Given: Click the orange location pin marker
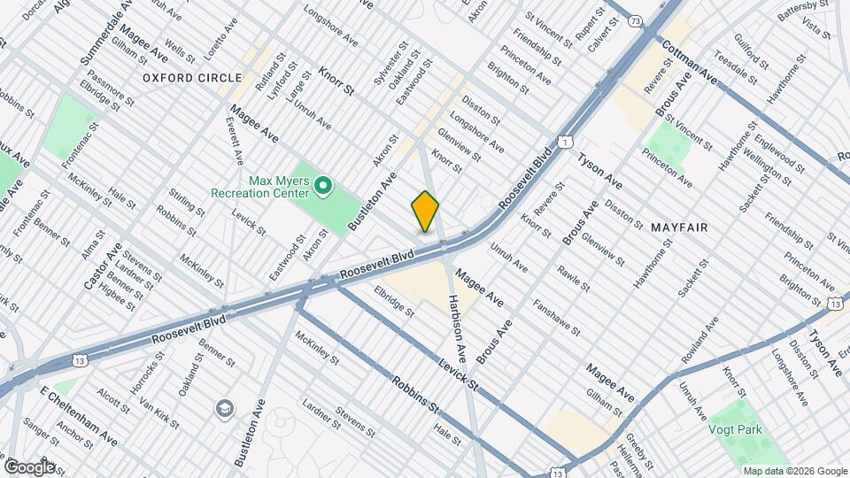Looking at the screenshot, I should pos(426,212).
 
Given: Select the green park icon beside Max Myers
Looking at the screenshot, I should pos(323,186).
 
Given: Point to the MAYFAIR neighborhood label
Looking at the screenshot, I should pos(679,227).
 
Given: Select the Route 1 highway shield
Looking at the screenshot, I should pos(564,142).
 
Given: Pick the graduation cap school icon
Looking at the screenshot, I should pos(225,408).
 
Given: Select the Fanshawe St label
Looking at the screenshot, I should pos(556,318).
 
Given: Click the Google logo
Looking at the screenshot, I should pos(29,466).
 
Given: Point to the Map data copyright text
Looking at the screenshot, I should pos(794,470).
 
